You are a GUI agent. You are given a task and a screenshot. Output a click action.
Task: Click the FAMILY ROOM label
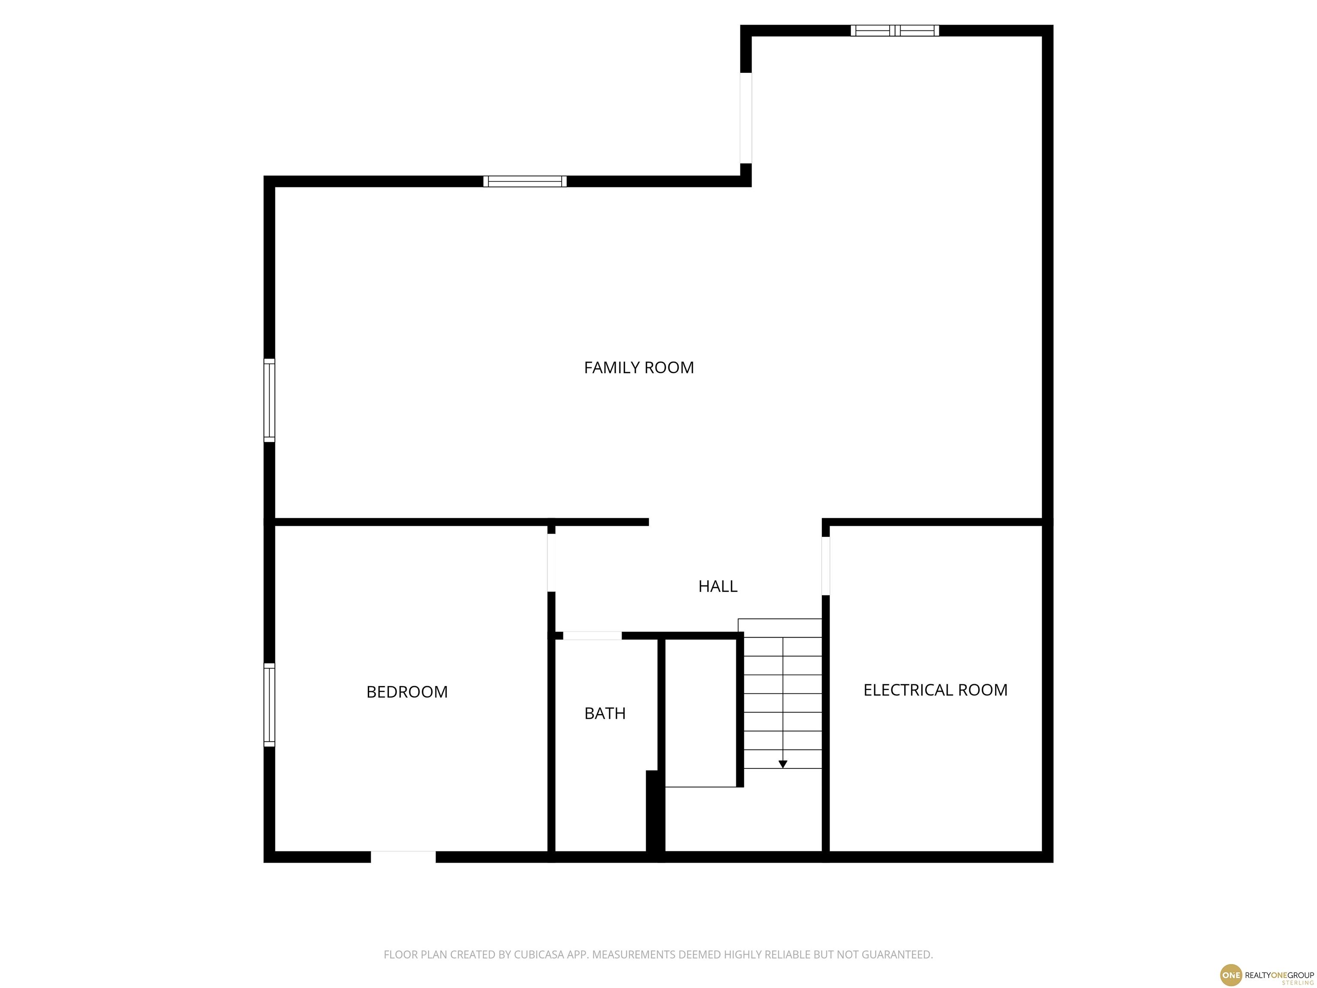[639, 367]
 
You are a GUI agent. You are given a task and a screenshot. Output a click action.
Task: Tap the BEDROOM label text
[407, 692]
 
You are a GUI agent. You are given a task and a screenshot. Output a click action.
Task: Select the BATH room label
[605, 714]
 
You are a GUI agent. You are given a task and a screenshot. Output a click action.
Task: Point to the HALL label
[717, 587]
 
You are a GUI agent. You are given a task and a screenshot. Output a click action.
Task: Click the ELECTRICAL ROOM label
[935, 690]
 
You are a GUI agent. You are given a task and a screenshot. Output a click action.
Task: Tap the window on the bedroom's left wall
[269, 705]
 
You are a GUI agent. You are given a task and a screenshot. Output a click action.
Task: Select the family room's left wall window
[269, 400]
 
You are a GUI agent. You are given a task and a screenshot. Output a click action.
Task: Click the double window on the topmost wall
[894, 30]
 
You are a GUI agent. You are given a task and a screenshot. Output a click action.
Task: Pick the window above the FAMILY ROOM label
[525, 182]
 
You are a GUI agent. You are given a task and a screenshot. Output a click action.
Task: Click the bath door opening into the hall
[592, 636]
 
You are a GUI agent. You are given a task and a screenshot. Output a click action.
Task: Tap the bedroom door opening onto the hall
[551, 563]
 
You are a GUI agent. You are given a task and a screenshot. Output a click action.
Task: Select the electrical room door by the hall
[826, 566]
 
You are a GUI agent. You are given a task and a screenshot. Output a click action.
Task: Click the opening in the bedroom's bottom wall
[403, 857]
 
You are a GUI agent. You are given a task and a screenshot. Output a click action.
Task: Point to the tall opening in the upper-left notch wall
[746, 118]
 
